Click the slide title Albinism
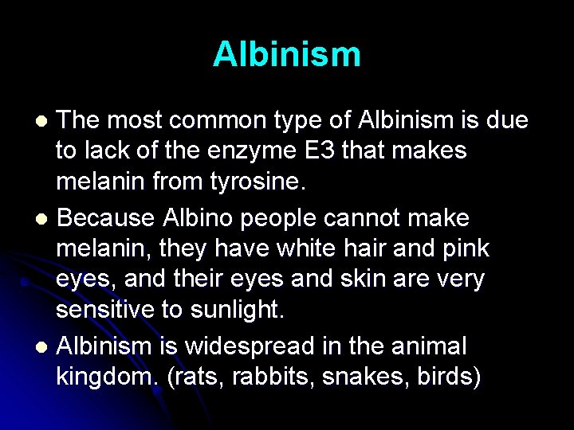(287, 54)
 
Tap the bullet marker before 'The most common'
(45, 121)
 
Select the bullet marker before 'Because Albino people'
(45, 218)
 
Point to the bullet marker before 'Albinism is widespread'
(45, 347)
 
